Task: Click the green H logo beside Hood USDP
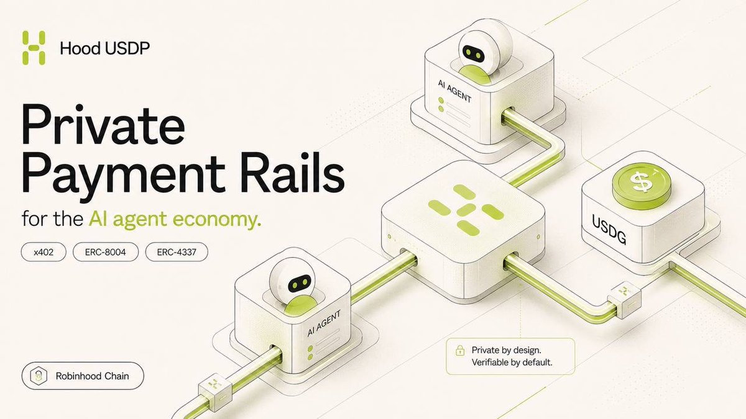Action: (34, 48)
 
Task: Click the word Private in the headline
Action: (104, 124)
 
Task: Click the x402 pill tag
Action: (44, 252)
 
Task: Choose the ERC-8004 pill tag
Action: (106, 252)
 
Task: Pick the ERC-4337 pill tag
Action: (177, 252)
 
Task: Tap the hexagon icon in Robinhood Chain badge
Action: (39, 376)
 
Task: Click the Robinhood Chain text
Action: (92, 376)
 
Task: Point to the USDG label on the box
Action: (609, 229)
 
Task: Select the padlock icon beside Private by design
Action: (460, 351)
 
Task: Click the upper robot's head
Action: (485, 48)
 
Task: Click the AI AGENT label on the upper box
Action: (454, 91)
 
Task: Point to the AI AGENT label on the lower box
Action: (324, 323)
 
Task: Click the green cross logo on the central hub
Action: (466, 210)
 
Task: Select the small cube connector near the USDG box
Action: (624, 300)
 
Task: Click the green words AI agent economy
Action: (175, 220)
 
